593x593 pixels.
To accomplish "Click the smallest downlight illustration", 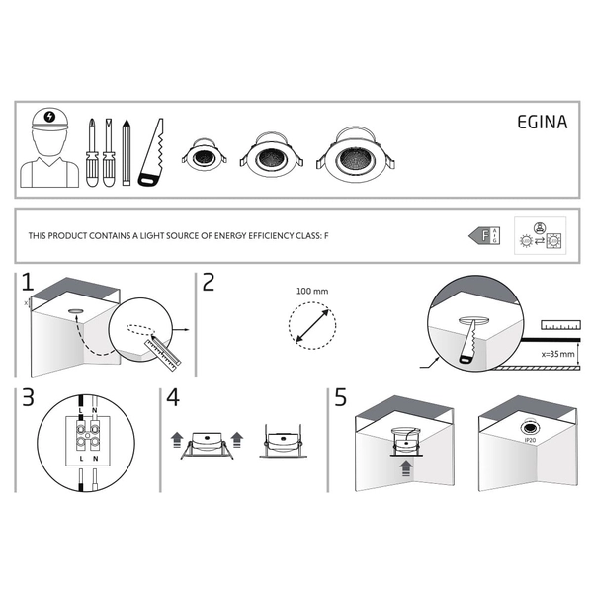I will pos(204,156).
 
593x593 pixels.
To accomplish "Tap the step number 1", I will pos(28,282).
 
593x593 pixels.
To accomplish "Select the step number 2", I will pos(208,282).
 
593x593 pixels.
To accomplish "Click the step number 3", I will pos(28,399).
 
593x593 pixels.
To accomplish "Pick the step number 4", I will pos(174,399).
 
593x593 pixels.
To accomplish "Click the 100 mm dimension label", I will pos(311,292).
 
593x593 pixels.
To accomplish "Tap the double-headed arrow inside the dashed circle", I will pos(311,325).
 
